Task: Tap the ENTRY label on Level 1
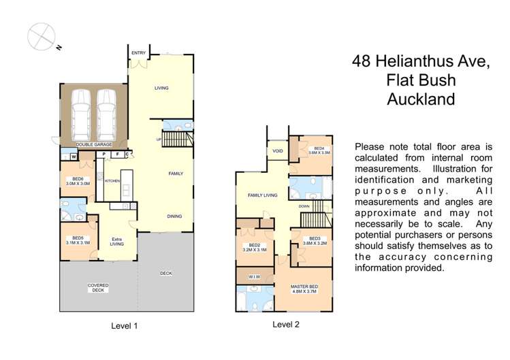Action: point(139,52)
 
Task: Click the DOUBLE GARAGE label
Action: point(93,145)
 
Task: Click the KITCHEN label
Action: point(112,182)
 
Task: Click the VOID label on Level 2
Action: point(277,152)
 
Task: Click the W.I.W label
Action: point(253,276)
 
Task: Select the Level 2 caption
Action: point(286,325)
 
